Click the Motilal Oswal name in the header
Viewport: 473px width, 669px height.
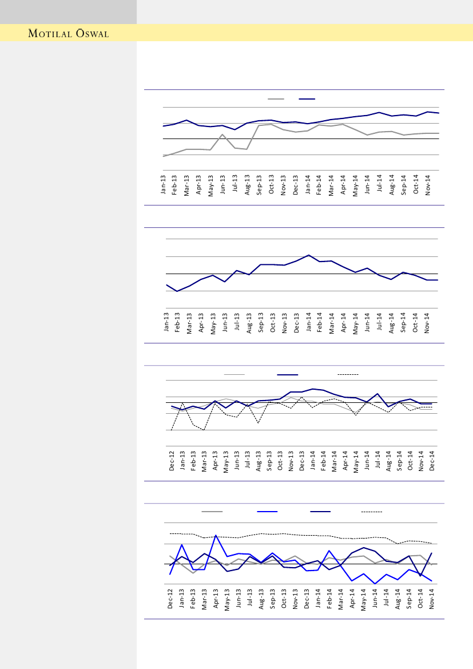pos(69,34)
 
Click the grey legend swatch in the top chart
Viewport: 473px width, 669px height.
pos(276,99)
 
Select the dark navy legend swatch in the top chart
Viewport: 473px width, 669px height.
pos(307,99)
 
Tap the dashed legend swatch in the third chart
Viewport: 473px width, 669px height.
pos(348,374)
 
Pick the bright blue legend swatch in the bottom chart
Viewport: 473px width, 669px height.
pos(267,511)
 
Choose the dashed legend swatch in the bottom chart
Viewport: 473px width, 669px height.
pos(372,511)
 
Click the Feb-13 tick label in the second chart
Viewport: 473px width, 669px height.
pos(177,323)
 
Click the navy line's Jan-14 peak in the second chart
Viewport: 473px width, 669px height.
pos(309,255)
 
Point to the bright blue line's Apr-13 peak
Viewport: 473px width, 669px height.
pos(216,536)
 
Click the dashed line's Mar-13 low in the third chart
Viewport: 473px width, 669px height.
pos(204,430)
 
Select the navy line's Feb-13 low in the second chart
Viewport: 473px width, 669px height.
pos(177,291)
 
